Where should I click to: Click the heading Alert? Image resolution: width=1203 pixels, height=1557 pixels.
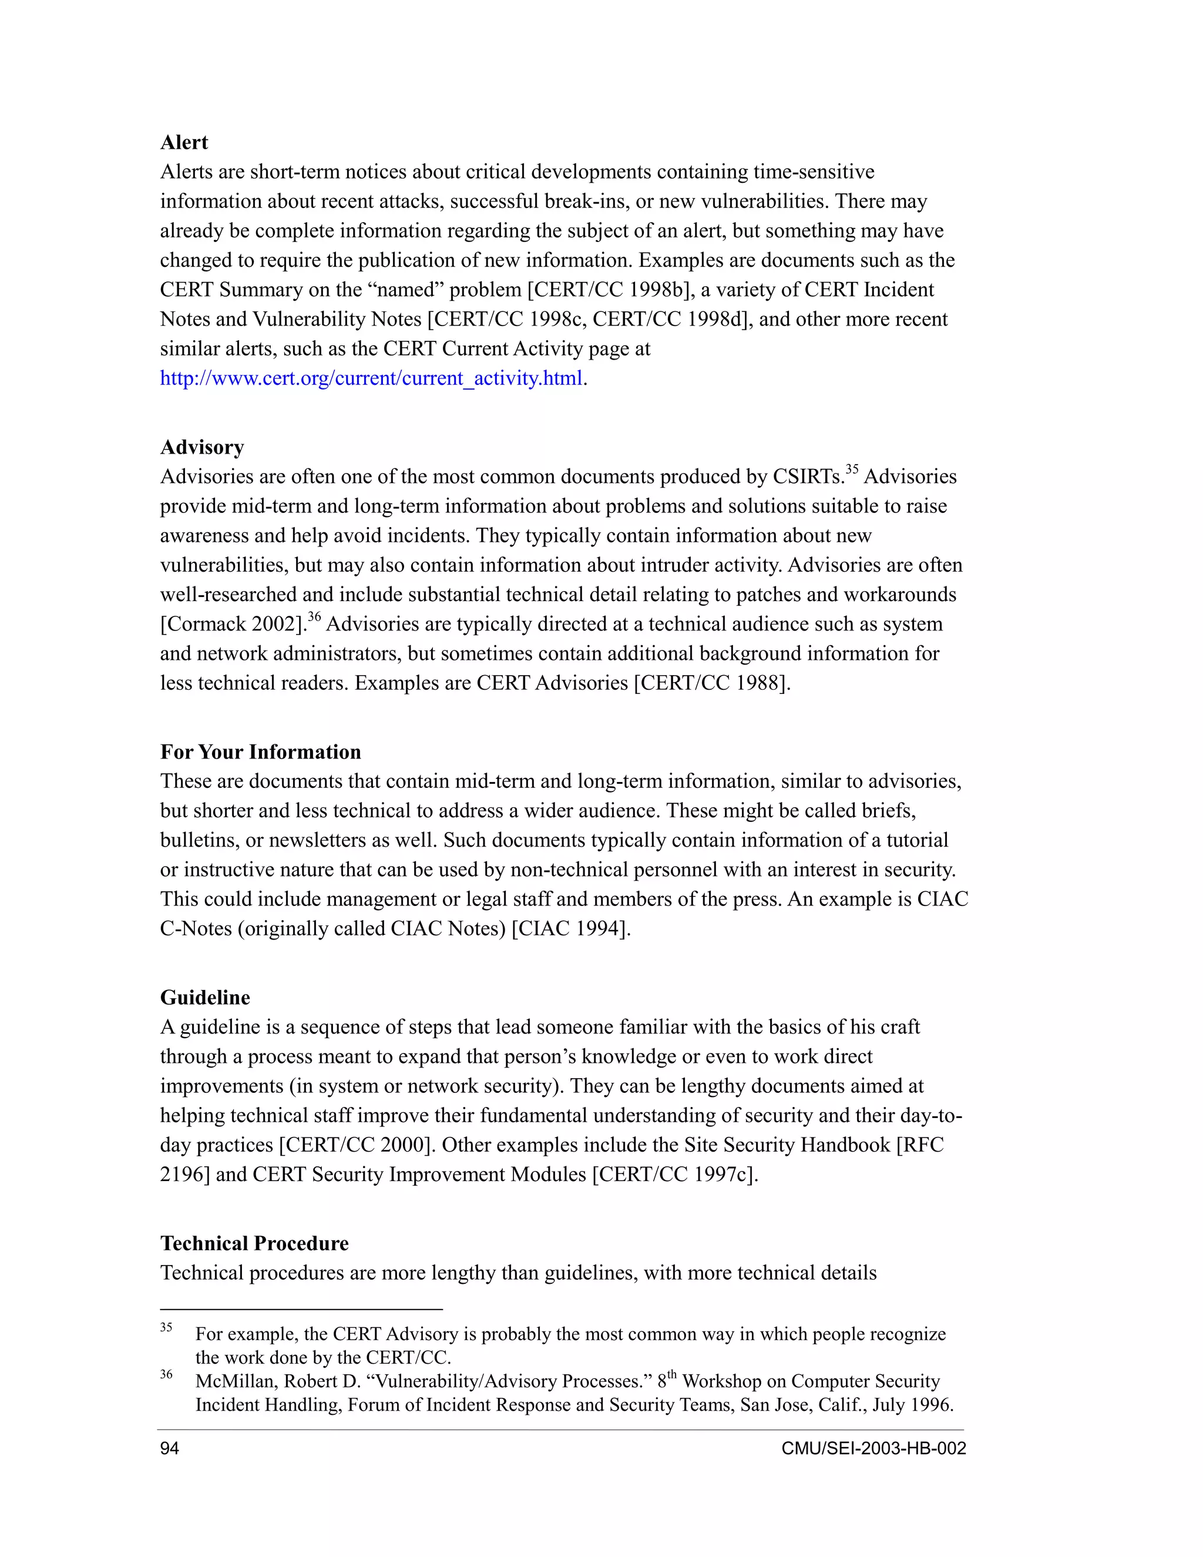click(184, 143)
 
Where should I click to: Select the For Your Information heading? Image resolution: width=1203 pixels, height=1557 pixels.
click(260, 752)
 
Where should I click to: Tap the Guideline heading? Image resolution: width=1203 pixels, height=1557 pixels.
click(204, 998)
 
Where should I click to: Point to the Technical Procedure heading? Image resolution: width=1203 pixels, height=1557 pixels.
click(254, 1243)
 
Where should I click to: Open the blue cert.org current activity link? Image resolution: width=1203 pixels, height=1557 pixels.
click(371, 378)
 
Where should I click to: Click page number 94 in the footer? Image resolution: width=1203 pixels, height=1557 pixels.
click(170, 1449)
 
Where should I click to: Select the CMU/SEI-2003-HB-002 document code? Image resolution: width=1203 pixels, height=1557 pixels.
click(873, 1449)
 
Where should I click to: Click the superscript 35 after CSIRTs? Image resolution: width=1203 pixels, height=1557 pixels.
click(852, 470)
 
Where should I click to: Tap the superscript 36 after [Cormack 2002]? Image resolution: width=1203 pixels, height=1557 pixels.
click(314, 618)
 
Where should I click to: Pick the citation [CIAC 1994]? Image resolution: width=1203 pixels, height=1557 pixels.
click(571, 929)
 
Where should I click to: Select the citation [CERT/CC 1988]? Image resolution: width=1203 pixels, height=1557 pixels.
click(712, 683)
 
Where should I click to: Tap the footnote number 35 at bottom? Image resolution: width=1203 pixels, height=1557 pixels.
click(166, 1327)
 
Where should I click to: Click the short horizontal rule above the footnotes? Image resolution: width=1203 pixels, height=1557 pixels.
click(301, 1310)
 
